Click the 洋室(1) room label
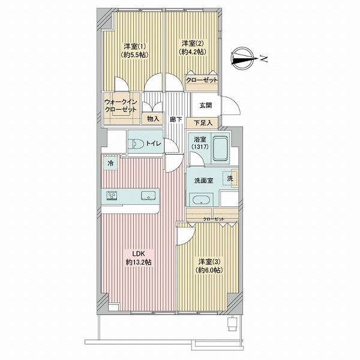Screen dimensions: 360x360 coord(135,47)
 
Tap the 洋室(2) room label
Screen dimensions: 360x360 coord(193,43)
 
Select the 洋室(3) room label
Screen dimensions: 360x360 coord(209,262)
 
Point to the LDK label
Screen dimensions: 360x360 coord(138,254)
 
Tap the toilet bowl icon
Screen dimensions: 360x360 coord(136,144)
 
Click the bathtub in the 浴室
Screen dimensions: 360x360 coord(221,149)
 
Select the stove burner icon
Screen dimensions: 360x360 coord(112,196)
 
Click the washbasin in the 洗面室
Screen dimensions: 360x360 coord(201,200)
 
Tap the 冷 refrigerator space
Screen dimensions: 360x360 coord(110,163)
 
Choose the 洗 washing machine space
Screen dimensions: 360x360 coord(230,178)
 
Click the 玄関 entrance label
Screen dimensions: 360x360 coord(205,106)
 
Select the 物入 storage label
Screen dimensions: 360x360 coord(153,119)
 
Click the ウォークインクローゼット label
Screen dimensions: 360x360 coord(121,106)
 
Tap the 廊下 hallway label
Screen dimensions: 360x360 coord(176,119)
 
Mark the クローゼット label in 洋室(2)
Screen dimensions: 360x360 coord(202,80)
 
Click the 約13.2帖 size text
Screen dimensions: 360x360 coord(139,262)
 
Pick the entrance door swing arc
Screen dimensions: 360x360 coord(235,102)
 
